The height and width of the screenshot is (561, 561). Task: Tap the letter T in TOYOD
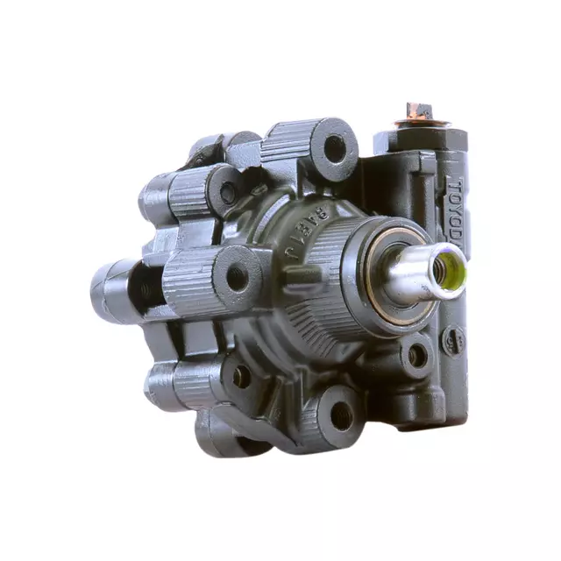tap(454, 185)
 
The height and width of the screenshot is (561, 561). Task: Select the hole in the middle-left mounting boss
tap(237, 278)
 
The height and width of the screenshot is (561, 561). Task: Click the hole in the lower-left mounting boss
tap(242, 376)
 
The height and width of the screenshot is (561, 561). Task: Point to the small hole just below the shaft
tap(417, 355)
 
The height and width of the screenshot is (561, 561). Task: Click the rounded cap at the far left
tap(107, 288)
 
